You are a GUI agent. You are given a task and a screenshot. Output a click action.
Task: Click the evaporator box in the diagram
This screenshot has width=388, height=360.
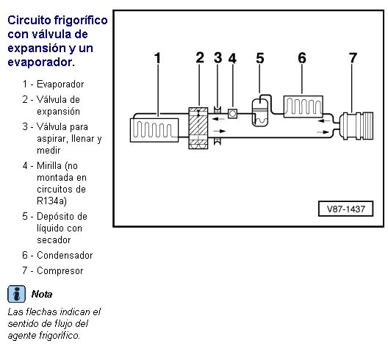point(154,130)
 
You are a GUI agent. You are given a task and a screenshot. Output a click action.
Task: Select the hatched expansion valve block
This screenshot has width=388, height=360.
point(198,128)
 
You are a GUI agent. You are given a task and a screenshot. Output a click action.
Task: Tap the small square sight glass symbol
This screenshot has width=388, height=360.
point(232,114)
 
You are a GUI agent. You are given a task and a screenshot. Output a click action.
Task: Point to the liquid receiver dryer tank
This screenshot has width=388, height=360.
point(260,112)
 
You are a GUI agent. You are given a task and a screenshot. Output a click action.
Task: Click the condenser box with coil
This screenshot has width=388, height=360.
point(303,107)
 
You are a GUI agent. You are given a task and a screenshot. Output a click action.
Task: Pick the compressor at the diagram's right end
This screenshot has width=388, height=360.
point(356,126)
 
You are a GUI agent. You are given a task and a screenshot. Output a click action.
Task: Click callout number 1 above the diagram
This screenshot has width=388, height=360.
point(157,58)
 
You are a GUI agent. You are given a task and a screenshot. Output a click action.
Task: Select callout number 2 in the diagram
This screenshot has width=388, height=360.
point(200,57)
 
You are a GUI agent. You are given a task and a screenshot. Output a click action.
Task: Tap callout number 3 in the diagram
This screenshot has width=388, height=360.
point(218,57)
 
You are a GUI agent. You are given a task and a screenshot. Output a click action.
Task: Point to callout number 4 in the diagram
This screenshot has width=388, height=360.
point(232,58)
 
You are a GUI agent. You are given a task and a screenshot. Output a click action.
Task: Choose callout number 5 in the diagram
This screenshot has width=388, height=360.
point(260,58)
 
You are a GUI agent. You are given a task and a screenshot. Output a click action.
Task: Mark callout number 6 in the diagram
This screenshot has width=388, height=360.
point(302,58)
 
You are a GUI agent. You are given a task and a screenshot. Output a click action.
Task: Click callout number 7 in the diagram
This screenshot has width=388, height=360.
point(353,58)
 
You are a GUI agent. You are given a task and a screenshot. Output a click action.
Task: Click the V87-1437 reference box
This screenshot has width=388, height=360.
point(345,209)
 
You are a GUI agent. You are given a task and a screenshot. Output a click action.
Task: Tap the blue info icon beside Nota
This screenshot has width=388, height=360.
point(16,294)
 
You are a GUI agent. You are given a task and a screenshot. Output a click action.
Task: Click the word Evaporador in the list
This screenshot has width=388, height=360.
point(60,84)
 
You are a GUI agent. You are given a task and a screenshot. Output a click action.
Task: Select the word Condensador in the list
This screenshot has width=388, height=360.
point(65,255)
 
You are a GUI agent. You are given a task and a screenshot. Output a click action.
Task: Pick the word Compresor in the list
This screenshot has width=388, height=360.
point(60,270)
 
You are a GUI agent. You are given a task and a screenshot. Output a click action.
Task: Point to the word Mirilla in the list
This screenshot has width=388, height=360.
point(49,165)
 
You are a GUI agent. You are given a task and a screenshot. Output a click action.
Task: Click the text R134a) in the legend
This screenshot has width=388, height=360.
point(51,201)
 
